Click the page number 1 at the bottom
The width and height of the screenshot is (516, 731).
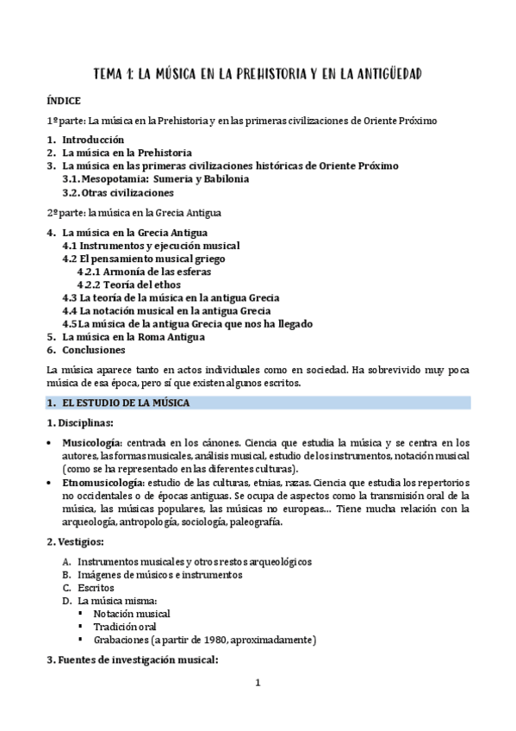point(258,684)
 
